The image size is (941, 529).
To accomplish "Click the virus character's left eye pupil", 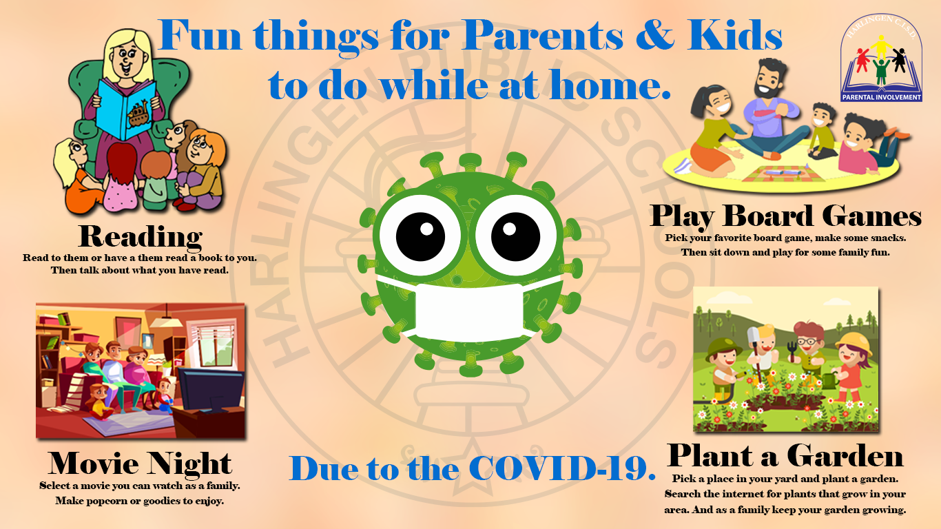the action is (x=420, y=236).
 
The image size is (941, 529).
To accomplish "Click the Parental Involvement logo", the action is (x=881, y=58).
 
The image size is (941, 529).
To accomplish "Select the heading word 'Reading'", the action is (x=141, y=237).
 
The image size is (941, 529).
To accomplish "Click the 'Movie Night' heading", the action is (x=139, y=464).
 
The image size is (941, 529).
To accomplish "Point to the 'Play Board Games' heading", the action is (x=785, y=217).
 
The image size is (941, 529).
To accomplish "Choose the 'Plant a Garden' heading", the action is (x=785, y=456).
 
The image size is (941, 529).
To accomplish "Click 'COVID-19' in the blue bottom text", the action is (x=562, y=468).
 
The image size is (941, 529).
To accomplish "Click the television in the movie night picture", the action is (x=210, y=389).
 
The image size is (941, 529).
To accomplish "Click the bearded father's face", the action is (x=769, y=80).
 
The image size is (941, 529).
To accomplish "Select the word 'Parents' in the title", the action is (x=544, y=37).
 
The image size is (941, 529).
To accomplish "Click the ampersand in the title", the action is (x=655, y=36).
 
